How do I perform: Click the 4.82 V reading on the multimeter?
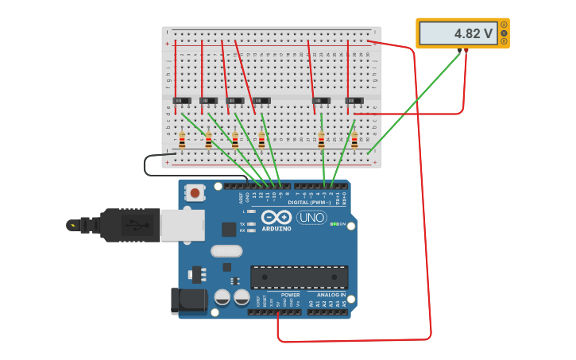474,34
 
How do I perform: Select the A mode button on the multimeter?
504,25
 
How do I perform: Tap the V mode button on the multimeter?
504,33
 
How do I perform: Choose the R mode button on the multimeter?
504,41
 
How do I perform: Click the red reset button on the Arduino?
195,192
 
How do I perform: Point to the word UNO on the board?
311,217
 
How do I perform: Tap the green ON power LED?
334,224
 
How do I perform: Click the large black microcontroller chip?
300,277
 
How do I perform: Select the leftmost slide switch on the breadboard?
182,100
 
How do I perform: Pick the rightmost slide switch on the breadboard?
354,100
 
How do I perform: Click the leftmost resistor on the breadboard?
182,141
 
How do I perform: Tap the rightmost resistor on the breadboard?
354,141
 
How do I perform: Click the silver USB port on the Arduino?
182,225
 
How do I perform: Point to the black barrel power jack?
188,301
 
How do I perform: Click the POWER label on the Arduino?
291,295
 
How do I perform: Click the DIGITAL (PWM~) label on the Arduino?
310,202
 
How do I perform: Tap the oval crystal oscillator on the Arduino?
226,251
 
